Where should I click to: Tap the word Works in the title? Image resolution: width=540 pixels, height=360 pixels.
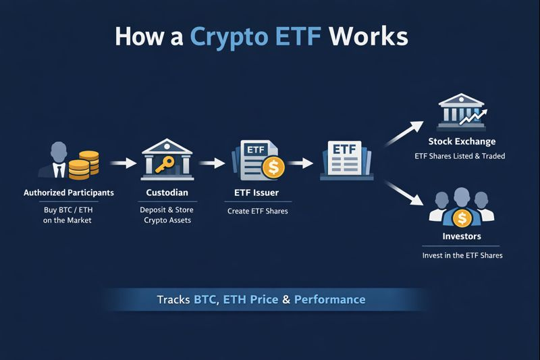tap(369, 36)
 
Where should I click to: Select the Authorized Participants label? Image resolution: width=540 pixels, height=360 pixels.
tap(69, 192)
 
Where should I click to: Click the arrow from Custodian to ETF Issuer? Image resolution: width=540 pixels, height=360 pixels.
tap(210, 163)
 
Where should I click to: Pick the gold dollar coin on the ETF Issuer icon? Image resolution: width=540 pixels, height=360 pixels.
tap(273, 168)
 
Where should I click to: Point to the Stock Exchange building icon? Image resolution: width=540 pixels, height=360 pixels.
tap(461, 111)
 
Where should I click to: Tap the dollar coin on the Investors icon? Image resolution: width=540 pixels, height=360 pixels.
tap(462, 217)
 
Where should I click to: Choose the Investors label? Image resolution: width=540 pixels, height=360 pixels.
tap(462, 236)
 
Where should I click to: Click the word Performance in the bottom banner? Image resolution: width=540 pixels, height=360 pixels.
tap(329, 299)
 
